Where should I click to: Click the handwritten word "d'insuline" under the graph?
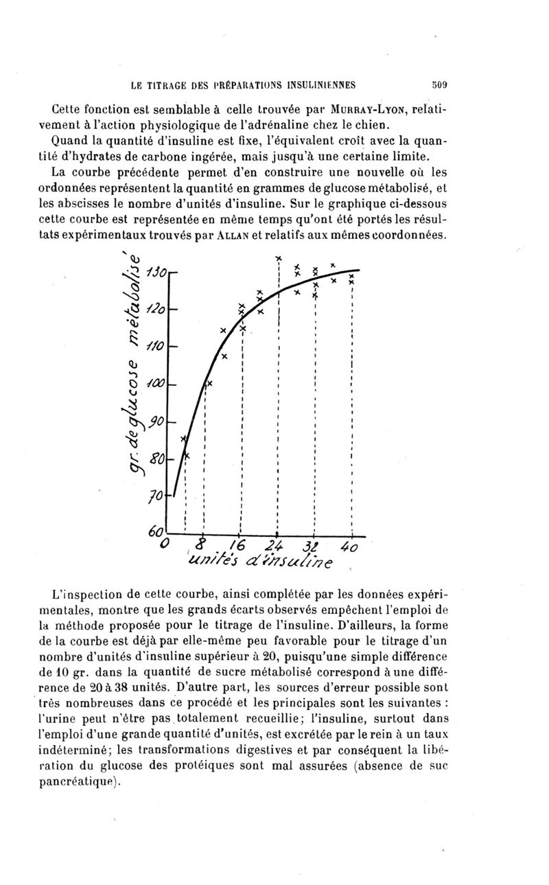tap(302, 564)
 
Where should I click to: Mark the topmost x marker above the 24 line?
tap(279, 258)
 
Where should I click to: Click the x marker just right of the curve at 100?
tap(210, 383)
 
